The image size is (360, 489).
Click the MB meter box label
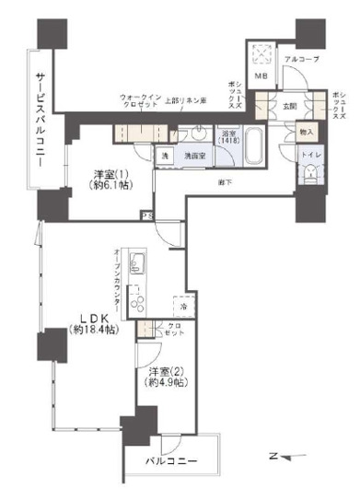tap(261, 76)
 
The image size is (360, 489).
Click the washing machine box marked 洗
tap(164, 157)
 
